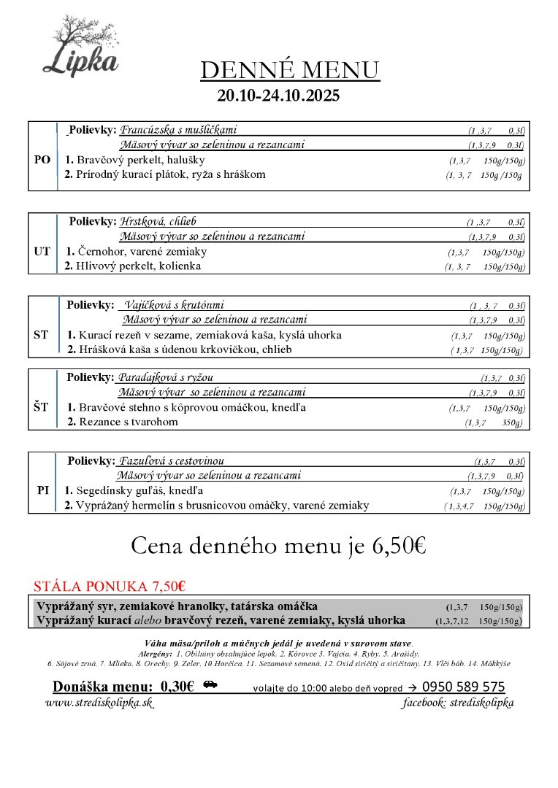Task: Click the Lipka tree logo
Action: [80, 45]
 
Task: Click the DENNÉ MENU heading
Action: [290, 70]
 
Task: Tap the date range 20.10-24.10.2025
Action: [278, 96]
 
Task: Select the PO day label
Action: [42, 160]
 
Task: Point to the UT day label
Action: [42, 251]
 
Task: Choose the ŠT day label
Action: [41, 407]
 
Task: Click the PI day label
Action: [42, 490]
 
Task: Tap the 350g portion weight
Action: [512, 422]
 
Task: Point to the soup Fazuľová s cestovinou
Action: [172, 461]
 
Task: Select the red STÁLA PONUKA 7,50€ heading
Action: [110, 586]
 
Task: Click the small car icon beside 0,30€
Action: [210, 685]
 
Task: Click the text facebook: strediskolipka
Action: [458, 703]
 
